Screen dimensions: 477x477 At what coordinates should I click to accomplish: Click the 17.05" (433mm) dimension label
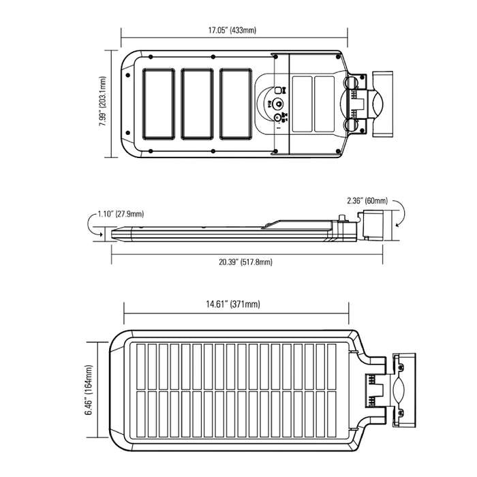233,31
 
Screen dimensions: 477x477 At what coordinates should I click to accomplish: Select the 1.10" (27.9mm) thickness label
121,213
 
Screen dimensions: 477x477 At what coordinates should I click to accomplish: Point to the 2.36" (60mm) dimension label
367,201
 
